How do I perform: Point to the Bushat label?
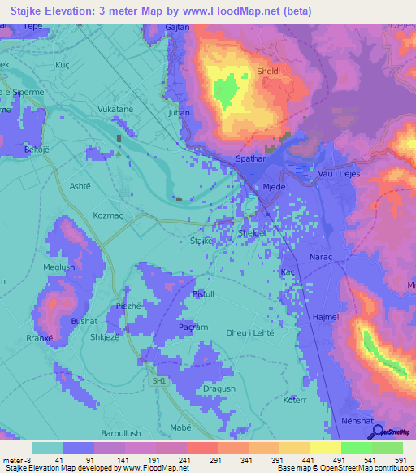point(84,322)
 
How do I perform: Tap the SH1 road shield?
point(158,380)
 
